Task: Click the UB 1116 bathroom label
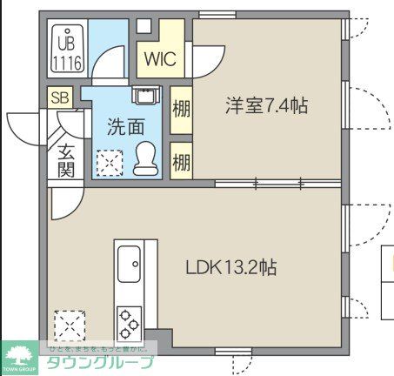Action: click(x=65, y=52)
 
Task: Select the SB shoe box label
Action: click(x=60, y=97)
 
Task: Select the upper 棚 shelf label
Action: click(x=181, y=111)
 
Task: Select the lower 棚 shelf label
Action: click(x=181, y=162)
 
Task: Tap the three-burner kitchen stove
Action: click(x=129, y=323)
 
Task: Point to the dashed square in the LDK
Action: click(x=69, y=327)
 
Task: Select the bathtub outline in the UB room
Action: click(x=65, y=52)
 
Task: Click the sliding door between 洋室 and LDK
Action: click(x=261, y=184)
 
